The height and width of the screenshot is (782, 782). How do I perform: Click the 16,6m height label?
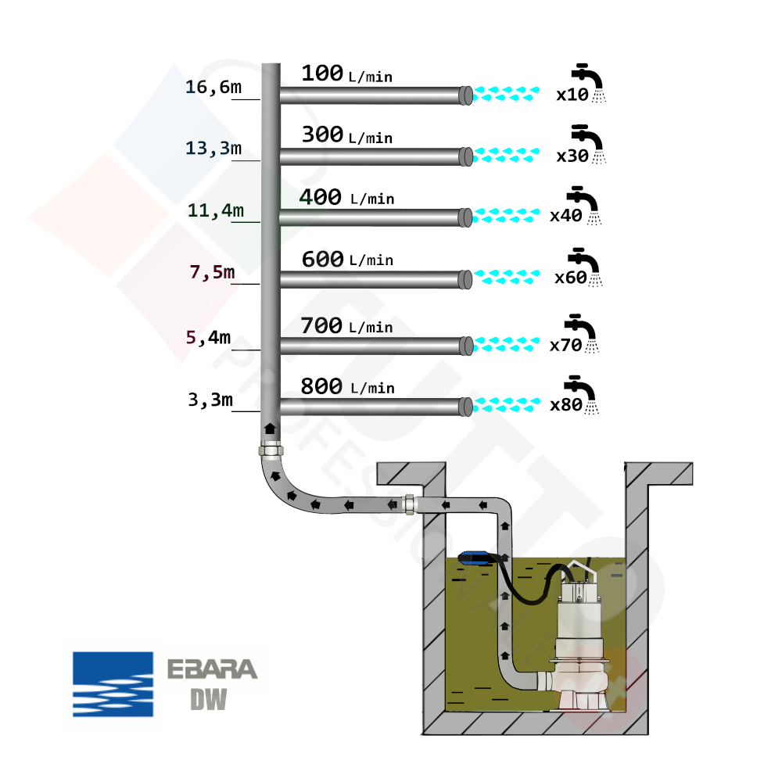pyautogui.click(x=213, y=87)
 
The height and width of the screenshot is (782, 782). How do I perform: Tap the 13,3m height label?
pyautogui.click(x=213, y=148)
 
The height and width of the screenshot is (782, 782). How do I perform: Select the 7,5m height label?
pyautogui.click(x=213, y=272)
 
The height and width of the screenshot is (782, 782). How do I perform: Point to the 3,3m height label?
pyautogui.click(x=210, y=400)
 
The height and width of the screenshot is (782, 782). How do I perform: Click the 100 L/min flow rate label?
pyautogui.click(x=346, y=74)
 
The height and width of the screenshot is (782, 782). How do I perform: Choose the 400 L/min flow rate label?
pyautogui.click(x=346, y=197)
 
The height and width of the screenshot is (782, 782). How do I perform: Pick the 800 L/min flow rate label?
pyautogui.click(x=347, y=386)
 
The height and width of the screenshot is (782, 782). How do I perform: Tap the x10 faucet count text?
pyautogui.click(x=572, y=95)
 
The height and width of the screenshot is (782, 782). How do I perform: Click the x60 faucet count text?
pyautogui.click(x=570, y=278)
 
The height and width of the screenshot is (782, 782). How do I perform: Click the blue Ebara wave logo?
pyautogui.click(x=113, y=684)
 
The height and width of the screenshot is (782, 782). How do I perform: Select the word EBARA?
pyautogui.click(x=212, y=670)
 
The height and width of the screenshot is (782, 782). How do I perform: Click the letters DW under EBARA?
pyautogui.click(x=209, y=699)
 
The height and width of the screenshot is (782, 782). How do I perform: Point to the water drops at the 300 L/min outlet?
pyautogui.click(x=507, y=154)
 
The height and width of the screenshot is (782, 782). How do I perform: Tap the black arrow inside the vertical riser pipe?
pyautogui.click(x=270, y=428)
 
